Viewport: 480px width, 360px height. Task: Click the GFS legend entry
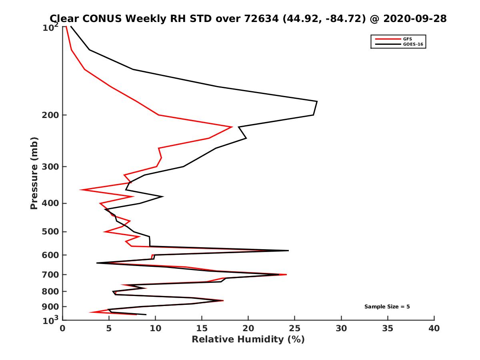pos(408,39)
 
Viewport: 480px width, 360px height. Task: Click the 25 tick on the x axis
pos(295,328)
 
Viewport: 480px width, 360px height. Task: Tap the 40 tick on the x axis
pos(434,328)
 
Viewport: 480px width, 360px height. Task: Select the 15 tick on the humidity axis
pos(202,328)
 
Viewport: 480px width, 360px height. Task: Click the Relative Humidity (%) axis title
pos(248,340)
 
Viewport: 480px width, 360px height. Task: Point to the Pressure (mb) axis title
pos(34,173)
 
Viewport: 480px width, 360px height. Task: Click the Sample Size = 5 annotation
pos(387,307)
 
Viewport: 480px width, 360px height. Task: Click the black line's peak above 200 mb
pos(317,102)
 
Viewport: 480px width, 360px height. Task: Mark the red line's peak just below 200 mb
pos(232,127)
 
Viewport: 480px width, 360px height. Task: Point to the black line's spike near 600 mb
pos(288,250)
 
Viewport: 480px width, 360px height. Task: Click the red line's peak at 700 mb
pos(286,275)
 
